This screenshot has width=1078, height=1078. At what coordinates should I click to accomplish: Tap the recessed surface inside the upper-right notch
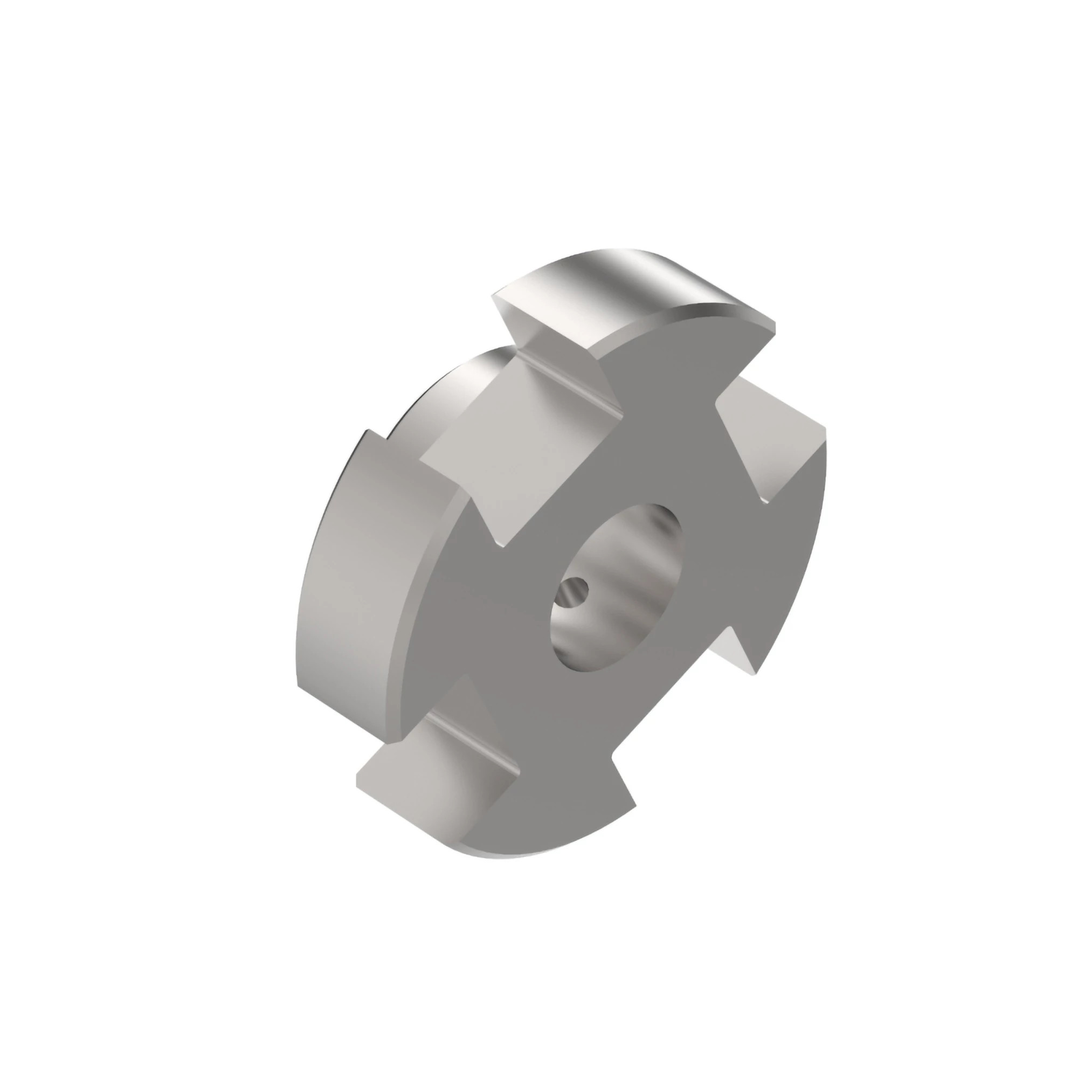point(781,446)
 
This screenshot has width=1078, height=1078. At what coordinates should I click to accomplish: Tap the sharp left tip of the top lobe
point(493,296)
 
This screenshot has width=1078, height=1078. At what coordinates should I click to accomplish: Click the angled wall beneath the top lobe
point(558,346)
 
